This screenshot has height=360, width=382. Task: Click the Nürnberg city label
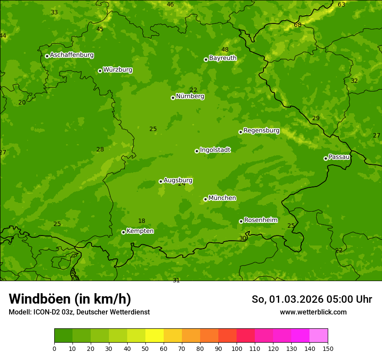point(190,96)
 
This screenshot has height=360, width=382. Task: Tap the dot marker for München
point(205,199)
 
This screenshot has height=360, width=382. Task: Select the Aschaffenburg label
point(72,55)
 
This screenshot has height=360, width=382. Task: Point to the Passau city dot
point(326,158)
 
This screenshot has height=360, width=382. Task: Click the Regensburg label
point(261,131)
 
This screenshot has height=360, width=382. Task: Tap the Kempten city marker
point(123,232)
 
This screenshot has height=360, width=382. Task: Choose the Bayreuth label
point(223,58)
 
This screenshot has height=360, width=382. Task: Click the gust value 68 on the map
point(297,25)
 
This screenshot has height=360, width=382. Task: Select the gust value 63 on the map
point(342,4)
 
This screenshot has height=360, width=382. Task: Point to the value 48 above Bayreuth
point(225,49)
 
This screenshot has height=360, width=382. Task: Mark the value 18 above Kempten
point(142,221)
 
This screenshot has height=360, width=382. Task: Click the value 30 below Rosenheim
point(243,238)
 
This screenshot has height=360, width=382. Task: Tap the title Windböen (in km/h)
point(70,299)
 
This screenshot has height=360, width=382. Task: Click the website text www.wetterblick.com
point(313,312)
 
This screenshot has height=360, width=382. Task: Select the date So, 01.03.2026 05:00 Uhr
point(312,299)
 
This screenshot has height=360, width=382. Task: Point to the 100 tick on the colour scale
point(237,348)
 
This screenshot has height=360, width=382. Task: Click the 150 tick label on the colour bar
point(328,348)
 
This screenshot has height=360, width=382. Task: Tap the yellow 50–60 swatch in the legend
point(155,336)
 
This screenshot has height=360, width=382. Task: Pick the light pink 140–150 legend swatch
point(319,336)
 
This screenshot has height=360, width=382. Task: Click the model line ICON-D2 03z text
point(79,312)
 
